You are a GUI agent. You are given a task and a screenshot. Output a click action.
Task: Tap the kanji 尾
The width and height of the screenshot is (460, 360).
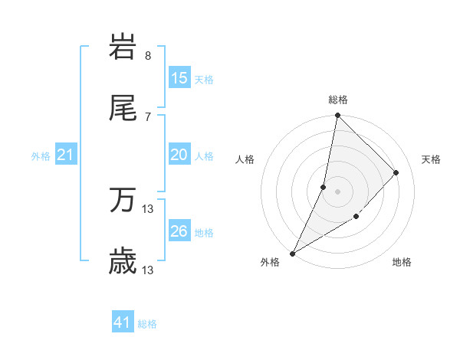click(123, 109)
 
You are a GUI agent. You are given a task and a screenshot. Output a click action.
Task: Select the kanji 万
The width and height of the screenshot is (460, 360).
click(123, 201)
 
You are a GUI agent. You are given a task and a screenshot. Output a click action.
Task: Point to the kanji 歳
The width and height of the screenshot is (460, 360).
click(123, 263)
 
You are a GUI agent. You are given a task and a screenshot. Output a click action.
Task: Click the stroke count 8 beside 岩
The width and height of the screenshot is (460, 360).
click(148, 56)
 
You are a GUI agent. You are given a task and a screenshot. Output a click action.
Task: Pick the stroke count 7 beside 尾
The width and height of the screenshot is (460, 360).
click(148, 116)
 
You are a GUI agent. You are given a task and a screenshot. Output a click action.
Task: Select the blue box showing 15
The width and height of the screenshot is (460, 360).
click(179, 78)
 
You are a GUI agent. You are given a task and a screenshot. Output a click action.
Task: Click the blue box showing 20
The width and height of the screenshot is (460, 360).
click(179, 155)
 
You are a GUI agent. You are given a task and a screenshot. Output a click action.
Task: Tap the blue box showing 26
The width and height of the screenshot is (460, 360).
click(179, 231)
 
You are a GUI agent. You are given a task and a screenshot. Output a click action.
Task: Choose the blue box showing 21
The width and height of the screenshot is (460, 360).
click(66, 155)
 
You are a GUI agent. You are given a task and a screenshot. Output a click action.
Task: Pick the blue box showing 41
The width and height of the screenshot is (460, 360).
click(123, 322)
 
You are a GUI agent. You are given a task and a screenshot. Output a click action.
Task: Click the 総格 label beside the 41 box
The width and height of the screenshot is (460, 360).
click(147, 324)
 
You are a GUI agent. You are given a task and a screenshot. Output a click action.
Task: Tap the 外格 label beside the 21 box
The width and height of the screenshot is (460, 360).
click(41, 156)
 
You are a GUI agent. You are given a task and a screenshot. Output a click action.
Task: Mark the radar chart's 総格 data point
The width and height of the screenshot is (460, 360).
click(337, 115)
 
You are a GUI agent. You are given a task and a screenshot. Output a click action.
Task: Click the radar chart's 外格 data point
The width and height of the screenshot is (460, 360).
click(292, 254)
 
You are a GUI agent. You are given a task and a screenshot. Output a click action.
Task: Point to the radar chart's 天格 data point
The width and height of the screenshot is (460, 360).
click(396, 172)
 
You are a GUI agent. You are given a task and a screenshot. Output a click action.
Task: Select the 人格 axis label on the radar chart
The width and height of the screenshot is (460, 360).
click(245, 159)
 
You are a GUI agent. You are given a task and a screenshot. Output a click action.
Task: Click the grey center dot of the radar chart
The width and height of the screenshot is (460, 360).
click(337, 191)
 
